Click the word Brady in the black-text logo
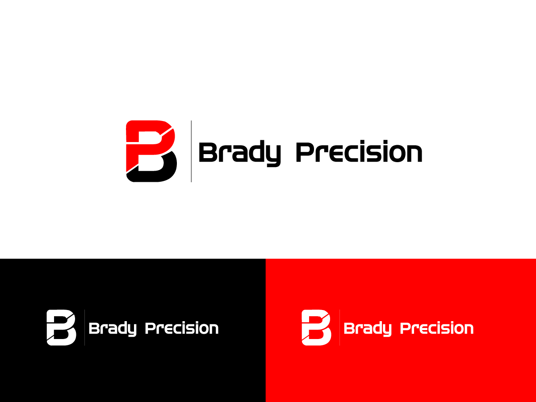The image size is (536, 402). pos(239,153)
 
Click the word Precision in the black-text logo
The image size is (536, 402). pos(359,153)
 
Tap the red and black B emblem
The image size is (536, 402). pos(151,151)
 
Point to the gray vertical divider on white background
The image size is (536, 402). pos(191,151)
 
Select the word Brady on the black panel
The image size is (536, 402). pos(112,329)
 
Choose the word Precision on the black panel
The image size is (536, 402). pos(182,328)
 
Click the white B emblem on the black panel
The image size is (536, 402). pos(61,327)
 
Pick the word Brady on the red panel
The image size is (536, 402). pos(367,329)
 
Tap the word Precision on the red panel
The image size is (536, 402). pos(436,328)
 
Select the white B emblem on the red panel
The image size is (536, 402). pos(316,327)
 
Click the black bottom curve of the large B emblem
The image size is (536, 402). pos(154,174)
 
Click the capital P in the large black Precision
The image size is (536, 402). pos(305,153)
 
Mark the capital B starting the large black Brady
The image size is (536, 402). pos(207,153)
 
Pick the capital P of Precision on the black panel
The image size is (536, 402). pos(150,328)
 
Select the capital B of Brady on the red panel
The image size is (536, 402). pos(348,328)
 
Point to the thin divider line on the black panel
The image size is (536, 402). pos(84,327)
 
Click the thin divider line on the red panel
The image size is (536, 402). pos(339,327)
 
